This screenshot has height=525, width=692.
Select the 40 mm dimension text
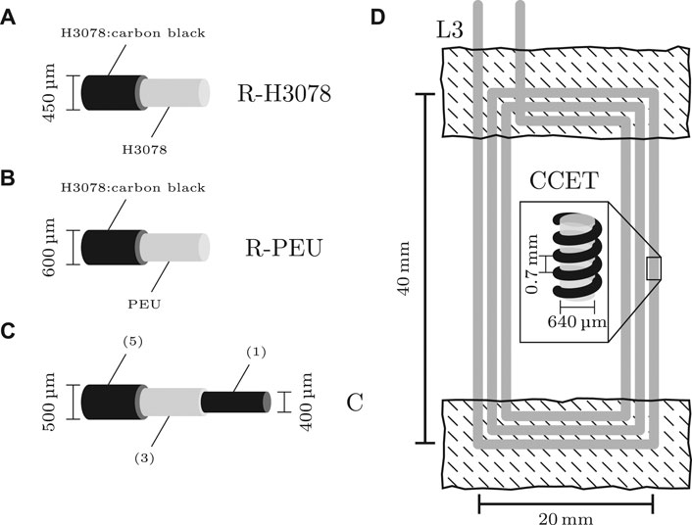pyautogui.click(x=399, y=268)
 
